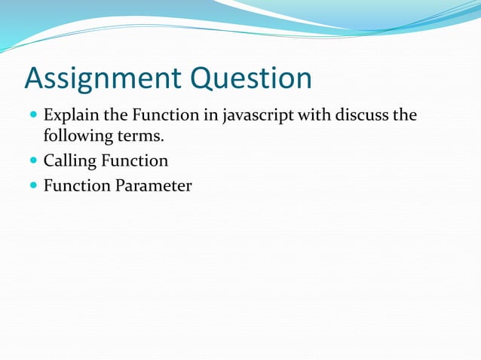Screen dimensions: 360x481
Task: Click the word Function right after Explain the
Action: pos(159,117)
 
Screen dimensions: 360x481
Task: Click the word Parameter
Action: pos(153,185)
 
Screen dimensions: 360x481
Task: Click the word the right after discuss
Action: pos(403,117)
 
